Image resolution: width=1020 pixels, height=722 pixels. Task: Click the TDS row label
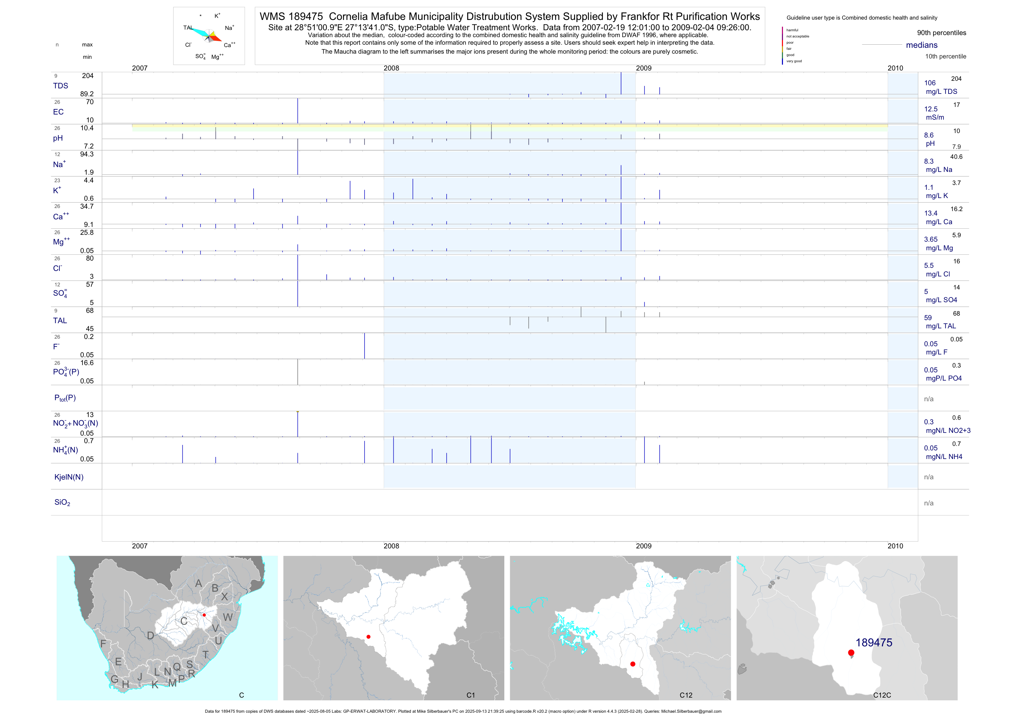click(60, 86)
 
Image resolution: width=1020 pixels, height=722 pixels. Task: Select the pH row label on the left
click(58, 138)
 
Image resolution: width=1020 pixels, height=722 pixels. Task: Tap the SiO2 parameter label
click(62, 502)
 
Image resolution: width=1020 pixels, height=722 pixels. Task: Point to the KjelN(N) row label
click(69, 477)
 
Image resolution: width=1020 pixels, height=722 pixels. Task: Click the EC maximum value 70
click(90, 102)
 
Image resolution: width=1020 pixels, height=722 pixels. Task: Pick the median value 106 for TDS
click(930, 83)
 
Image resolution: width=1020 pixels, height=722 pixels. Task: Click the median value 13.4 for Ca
click(931, 214)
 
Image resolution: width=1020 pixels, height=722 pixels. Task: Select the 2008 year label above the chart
click(391, 68)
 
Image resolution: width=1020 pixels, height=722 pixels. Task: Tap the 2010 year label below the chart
click(895, 546)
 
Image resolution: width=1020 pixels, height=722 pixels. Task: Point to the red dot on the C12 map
click(632, 664)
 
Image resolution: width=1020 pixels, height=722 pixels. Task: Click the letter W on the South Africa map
click(227, 617)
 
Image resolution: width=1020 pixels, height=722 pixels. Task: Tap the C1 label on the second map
click(470, 695)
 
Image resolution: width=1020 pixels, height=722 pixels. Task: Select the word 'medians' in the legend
click(922, 45)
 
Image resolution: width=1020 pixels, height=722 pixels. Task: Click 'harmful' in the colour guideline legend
click(792, 30)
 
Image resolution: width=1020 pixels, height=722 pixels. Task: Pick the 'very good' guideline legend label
click(794, 61)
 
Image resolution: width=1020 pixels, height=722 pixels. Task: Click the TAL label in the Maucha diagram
click(188, 28)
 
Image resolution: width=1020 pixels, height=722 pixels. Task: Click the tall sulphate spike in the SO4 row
click(298, 293)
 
